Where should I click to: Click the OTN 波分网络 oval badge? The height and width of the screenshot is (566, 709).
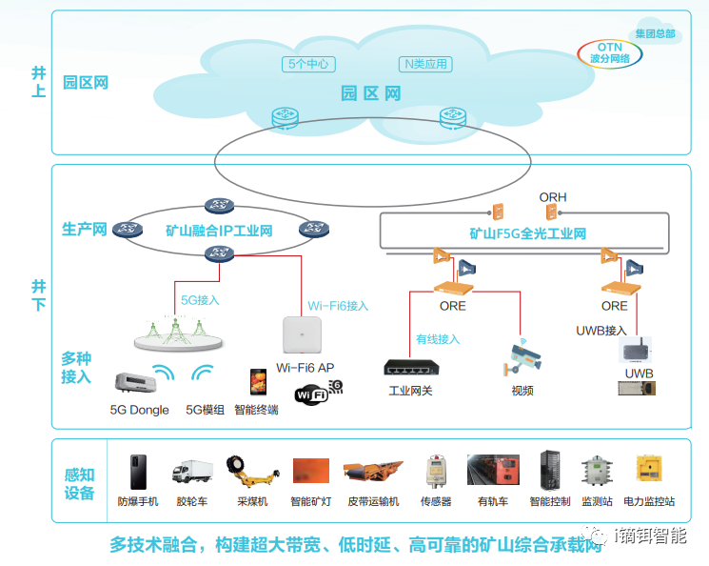[x=609, y=51]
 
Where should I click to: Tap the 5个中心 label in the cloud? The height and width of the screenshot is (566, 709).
[x=309, y=65]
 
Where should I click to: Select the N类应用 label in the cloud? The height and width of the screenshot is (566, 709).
[x=424, y=65]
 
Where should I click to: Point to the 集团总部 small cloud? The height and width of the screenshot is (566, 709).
[x=656, y=33]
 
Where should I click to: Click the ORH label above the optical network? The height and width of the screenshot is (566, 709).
[x=553, y=197]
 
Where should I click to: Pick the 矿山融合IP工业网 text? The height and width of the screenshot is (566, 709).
[x=219, y=231]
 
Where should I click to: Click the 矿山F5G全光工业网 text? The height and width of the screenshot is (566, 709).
[x=527, y=233]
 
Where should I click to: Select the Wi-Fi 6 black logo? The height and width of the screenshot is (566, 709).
[x=318, y=393]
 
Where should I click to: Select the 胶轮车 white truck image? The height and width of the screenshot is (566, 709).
[x=191, y=471]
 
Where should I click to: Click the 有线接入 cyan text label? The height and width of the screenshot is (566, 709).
[x=438, y=338]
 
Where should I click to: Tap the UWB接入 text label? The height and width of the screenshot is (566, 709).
[x=601, y=331]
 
